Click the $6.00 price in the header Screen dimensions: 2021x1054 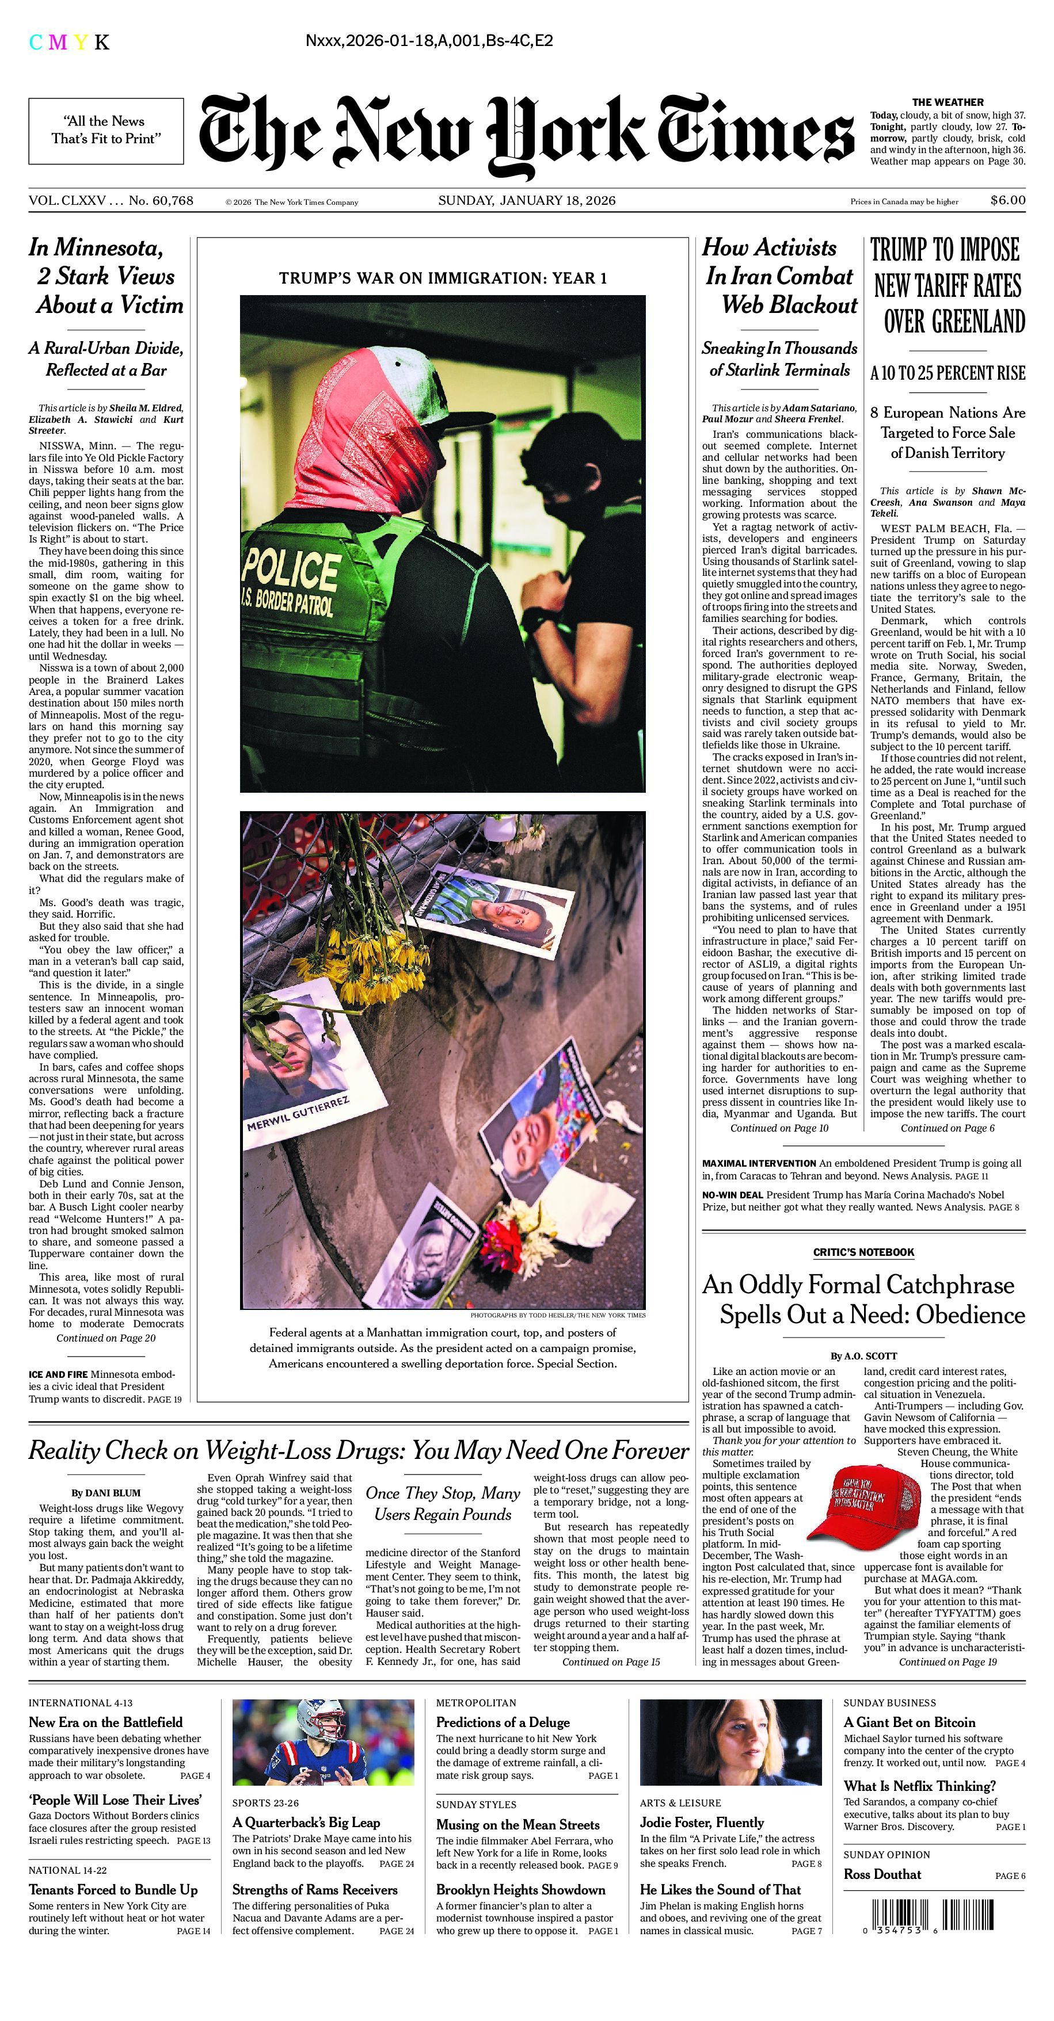coord(1007,200)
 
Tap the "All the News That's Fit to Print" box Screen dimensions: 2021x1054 coord(106,130)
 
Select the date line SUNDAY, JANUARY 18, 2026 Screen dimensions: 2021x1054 coord(527,200)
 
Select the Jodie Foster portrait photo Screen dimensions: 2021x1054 coord(730,1742)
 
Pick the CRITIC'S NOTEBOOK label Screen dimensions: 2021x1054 coord(863,1252)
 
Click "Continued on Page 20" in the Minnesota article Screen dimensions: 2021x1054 coord(106,1339)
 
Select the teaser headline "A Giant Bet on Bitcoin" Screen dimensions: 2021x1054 coord(909,1723)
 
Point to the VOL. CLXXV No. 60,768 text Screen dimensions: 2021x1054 coord(111,201)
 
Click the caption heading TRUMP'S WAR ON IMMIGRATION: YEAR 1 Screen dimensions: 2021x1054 coord(443,278)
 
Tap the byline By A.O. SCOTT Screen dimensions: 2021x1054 coord(863,1356)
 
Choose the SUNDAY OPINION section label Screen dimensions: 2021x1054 coord(886,1855)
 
